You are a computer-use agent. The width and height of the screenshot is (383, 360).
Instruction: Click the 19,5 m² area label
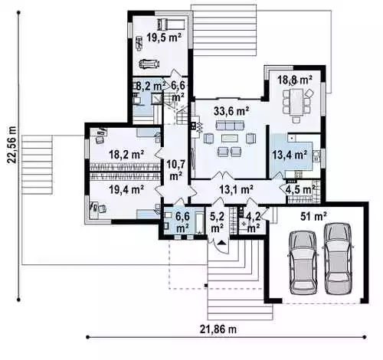[164, 38]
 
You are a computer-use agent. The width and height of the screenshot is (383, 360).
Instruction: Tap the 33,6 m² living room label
[231, 112]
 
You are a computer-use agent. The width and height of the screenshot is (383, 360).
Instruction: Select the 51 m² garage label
[313, 217]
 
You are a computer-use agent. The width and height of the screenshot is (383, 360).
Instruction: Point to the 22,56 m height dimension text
[11, 145]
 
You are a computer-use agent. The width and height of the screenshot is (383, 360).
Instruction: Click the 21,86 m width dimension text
[218, 329]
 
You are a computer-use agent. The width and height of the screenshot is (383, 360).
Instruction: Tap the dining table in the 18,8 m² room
[296, 102]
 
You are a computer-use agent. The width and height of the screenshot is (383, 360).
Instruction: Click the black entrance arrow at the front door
[221, 242]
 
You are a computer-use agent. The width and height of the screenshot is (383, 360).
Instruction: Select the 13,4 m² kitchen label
[290, 155]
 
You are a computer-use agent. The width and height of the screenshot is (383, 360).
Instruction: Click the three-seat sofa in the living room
[230, 126]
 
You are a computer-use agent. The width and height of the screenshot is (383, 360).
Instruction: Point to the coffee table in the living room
[230, 138]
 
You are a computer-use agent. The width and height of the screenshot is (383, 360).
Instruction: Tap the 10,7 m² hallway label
[175, 170]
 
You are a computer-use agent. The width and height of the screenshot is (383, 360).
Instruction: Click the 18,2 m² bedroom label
[126, 155]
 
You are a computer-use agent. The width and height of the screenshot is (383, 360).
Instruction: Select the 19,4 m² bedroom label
[126, 189]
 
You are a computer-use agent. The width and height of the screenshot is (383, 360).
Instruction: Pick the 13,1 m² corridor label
[237, 189]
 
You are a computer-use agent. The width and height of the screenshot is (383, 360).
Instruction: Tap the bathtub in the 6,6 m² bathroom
[199, 224]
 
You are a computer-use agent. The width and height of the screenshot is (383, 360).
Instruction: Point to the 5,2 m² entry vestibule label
[217, 222]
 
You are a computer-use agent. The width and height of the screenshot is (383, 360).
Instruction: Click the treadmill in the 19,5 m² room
[172, 24]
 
